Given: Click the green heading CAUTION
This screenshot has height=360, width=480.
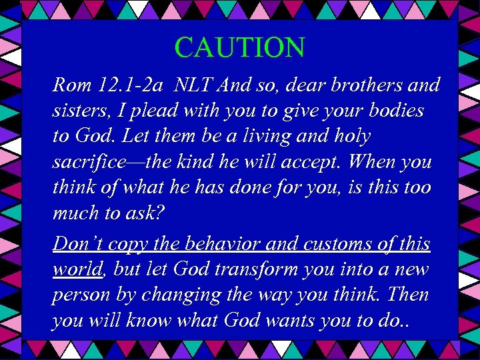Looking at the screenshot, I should pos(240,47).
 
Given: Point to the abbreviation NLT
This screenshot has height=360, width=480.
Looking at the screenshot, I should pos(195,85).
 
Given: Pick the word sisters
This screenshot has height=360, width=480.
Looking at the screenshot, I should pos(78,111).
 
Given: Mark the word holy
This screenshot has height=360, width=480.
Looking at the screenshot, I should pos(350,137).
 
